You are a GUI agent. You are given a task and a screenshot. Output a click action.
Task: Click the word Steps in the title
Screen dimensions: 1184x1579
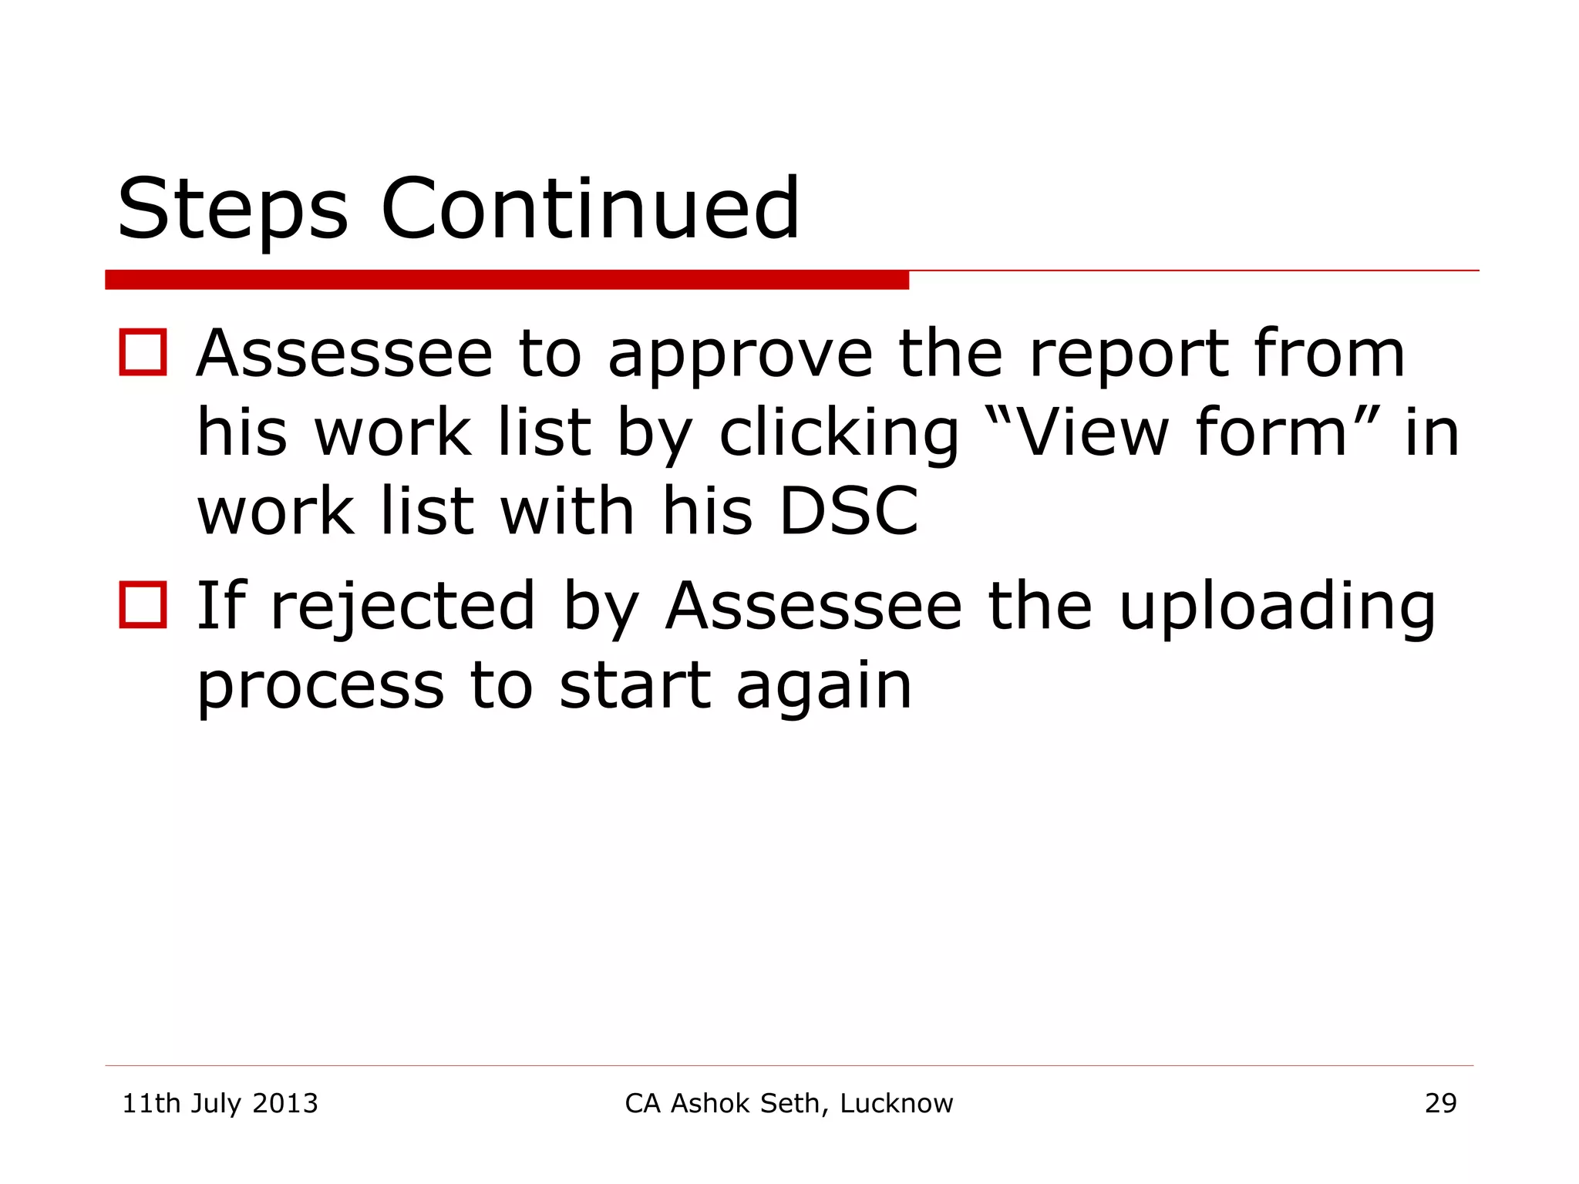pos(232,210)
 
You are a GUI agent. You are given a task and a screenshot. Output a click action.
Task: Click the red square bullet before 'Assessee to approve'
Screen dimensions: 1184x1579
pos(143,352)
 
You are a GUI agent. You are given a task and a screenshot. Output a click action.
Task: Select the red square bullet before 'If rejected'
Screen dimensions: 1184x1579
pos(143,604)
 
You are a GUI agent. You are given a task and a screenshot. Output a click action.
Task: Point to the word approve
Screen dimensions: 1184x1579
pos(740,356)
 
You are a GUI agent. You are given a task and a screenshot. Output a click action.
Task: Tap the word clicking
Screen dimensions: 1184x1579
pos(839,435)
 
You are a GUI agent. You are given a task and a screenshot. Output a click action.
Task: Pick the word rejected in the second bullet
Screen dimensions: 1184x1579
pos(402,607)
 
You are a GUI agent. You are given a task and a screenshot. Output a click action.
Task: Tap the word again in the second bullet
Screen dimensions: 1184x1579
pos(824,688)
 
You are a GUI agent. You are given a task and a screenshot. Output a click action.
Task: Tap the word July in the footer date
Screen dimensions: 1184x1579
pos(216,1104)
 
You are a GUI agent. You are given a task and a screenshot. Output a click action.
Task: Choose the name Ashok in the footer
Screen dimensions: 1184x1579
pos(709,1104)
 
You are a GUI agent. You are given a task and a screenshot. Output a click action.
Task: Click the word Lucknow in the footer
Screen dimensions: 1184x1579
pos(896,1104)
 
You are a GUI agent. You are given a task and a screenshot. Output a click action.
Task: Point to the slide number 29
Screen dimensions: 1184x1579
pos(1440,1104)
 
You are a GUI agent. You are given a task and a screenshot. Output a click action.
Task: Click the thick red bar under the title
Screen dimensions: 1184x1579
pos(507,280)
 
